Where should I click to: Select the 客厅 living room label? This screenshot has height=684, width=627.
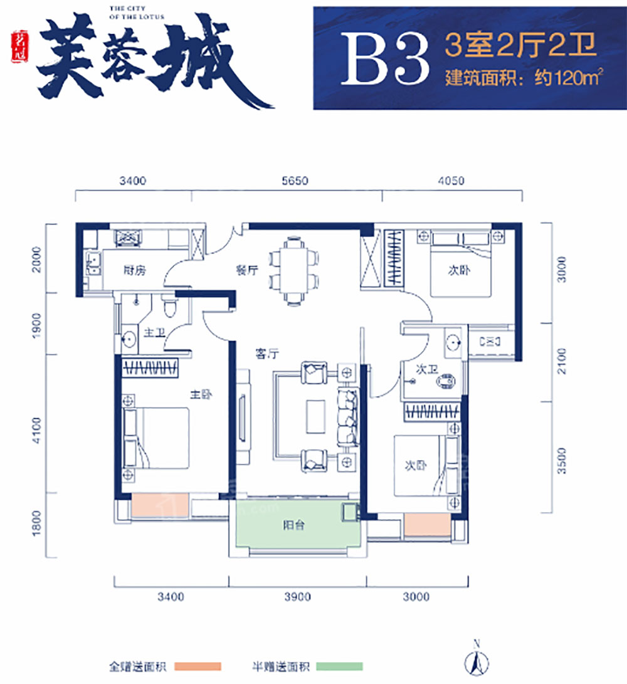point(266,353)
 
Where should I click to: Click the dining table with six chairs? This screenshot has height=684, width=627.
point(293,270)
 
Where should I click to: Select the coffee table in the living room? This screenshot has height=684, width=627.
point(316,416)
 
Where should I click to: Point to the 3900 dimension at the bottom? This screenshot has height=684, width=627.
point(297,597)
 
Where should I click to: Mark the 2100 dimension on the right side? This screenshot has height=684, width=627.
point(562,362)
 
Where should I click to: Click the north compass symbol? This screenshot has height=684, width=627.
point(477,660)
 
